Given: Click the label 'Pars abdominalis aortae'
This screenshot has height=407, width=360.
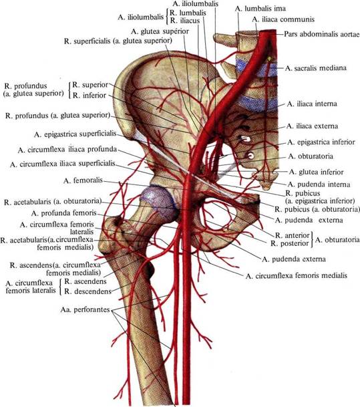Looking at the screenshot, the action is point(322,34).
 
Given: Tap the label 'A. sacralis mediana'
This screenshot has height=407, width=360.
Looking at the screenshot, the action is point(316,68).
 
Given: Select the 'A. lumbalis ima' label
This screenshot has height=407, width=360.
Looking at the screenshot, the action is point(260,9).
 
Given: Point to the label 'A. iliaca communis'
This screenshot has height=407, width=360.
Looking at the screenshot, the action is point(283,19).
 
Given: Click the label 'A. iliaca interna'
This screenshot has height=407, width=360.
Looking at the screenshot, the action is point(312,104).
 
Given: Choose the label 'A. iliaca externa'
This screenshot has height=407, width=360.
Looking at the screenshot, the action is point(313,126).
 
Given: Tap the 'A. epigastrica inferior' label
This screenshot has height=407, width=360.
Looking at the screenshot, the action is point(321,142).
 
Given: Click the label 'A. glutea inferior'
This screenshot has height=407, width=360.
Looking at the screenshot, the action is point(316,172).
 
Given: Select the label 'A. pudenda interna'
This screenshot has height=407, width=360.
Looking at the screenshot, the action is point(319,184).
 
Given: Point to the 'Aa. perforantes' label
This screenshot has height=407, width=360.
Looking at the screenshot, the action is point(85,309).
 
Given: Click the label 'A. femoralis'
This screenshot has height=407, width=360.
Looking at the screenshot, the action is point(83,180).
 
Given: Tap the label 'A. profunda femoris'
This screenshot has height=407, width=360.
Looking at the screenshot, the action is point(64,213).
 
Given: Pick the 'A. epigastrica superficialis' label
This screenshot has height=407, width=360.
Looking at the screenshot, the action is point(75,134).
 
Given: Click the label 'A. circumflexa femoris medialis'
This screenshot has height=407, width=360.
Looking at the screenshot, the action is point(296,275).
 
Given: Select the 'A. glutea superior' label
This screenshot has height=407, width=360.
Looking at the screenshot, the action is point(160,31).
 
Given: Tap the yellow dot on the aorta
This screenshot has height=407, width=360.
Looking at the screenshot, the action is point(270,59).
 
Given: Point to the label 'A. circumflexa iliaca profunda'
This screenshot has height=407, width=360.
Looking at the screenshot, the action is point(67,150).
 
